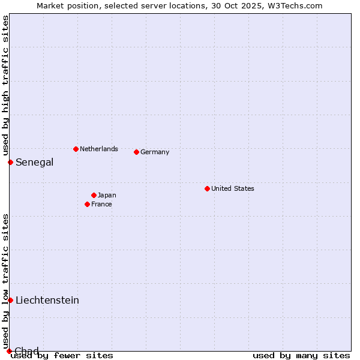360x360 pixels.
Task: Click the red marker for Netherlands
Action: click(x=76, y=149)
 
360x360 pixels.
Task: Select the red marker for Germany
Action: click(x=136, y=152)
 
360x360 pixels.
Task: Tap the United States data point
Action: click(x=207, y=188)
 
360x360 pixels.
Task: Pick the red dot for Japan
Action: click(x=94, y=195)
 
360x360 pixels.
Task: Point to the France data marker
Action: click(x=87, y=204)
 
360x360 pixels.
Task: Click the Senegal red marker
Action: click(x=10, y=162)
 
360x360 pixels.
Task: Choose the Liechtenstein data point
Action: click(x=10, y=300)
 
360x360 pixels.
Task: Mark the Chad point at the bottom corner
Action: click(x=9, y=351)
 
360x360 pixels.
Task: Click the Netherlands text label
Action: click(x=98, y=149)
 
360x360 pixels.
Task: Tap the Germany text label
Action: click(x=155, y=152)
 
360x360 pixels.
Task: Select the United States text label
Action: click(x=232, y=188)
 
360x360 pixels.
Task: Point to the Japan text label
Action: click(x=107, y=195)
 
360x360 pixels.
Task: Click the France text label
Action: click(x=101, y=204)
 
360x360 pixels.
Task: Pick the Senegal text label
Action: click(x=34, y=162)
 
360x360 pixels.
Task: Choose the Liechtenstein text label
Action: click(x=47, y=300)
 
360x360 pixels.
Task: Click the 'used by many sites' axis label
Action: click(x=301, y=355)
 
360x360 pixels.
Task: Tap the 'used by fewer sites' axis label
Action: click(x=62, y=355)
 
